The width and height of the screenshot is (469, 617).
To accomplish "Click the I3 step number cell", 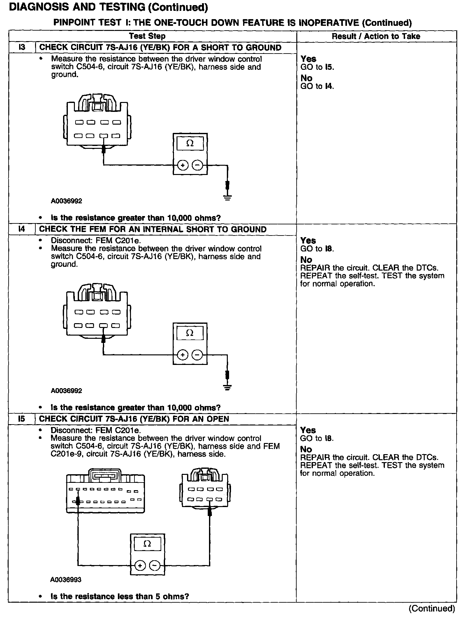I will coord(22,47).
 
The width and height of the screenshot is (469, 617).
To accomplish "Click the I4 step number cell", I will coord(22,229).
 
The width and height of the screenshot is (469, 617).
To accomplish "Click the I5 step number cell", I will coord(22,418).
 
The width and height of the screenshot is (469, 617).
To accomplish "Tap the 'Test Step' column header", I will coord(147,36).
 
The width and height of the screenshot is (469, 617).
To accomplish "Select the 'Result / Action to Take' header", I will coord(376,36).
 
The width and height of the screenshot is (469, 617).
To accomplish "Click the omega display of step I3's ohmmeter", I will coord(190,143).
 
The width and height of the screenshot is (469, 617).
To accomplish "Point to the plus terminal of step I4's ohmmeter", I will coord(183,355).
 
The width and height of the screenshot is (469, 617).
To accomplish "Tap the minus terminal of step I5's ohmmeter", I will coord(155,566).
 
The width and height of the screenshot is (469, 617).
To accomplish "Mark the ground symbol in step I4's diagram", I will coord(227,387).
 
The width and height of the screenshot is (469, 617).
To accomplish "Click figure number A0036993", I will coord(66,579).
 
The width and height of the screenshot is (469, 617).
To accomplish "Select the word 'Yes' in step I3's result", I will coord(308,59).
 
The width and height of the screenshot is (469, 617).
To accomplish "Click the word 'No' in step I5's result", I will coord(306,449).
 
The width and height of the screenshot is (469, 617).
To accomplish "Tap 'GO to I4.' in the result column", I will coord(317,86).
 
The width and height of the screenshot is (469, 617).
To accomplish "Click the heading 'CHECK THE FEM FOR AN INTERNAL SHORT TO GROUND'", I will coord(153,229).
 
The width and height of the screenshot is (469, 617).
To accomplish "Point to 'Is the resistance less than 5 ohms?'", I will coord(120,596).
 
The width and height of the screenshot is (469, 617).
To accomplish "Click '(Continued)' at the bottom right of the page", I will coord(432,608).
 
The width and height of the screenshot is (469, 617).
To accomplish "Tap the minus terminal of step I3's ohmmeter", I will coord(198,165).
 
